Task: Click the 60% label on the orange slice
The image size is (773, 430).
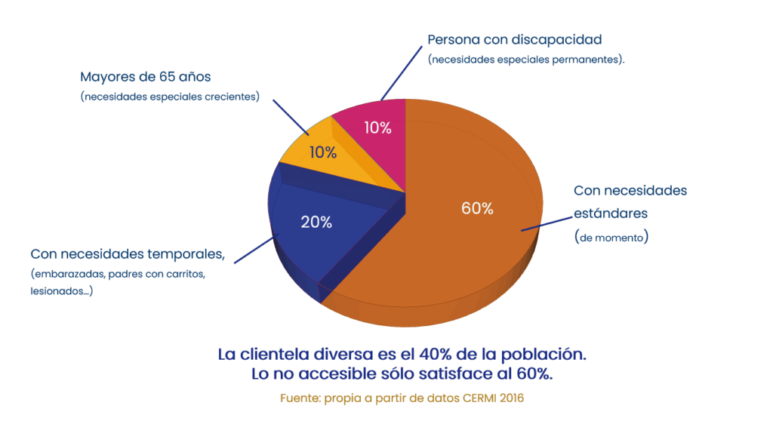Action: point(477,209)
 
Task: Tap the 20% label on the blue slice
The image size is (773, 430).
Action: point(316,222)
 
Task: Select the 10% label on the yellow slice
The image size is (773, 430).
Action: point(322,152)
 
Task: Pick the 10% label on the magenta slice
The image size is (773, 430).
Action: point(377,127)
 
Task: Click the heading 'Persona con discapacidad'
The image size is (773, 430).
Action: point(515,39)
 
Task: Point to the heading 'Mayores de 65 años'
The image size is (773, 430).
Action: point(146,77)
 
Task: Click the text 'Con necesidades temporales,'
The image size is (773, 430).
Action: point(128,253)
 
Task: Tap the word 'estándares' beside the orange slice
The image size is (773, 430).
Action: point(611,213)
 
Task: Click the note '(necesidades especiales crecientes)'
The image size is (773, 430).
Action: point(170,97)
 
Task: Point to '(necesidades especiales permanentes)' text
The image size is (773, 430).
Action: point(525,59)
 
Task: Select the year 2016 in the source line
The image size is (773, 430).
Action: point(510,398)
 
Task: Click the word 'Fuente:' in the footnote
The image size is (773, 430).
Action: point(300,398)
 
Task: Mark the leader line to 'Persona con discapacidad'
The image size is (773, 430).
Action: point(400,72)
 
